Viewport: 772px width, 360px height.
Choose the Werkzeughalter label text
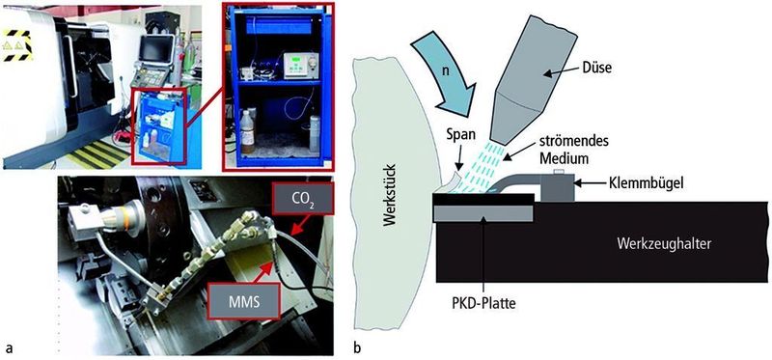coord(664,244)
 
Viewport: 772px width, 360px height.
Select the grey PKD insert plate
coord(483,213)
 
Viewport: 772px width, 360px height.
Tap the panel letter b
coord(357,348)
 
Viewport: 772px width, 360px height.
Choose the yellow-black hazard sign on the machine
coord(15,45)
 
